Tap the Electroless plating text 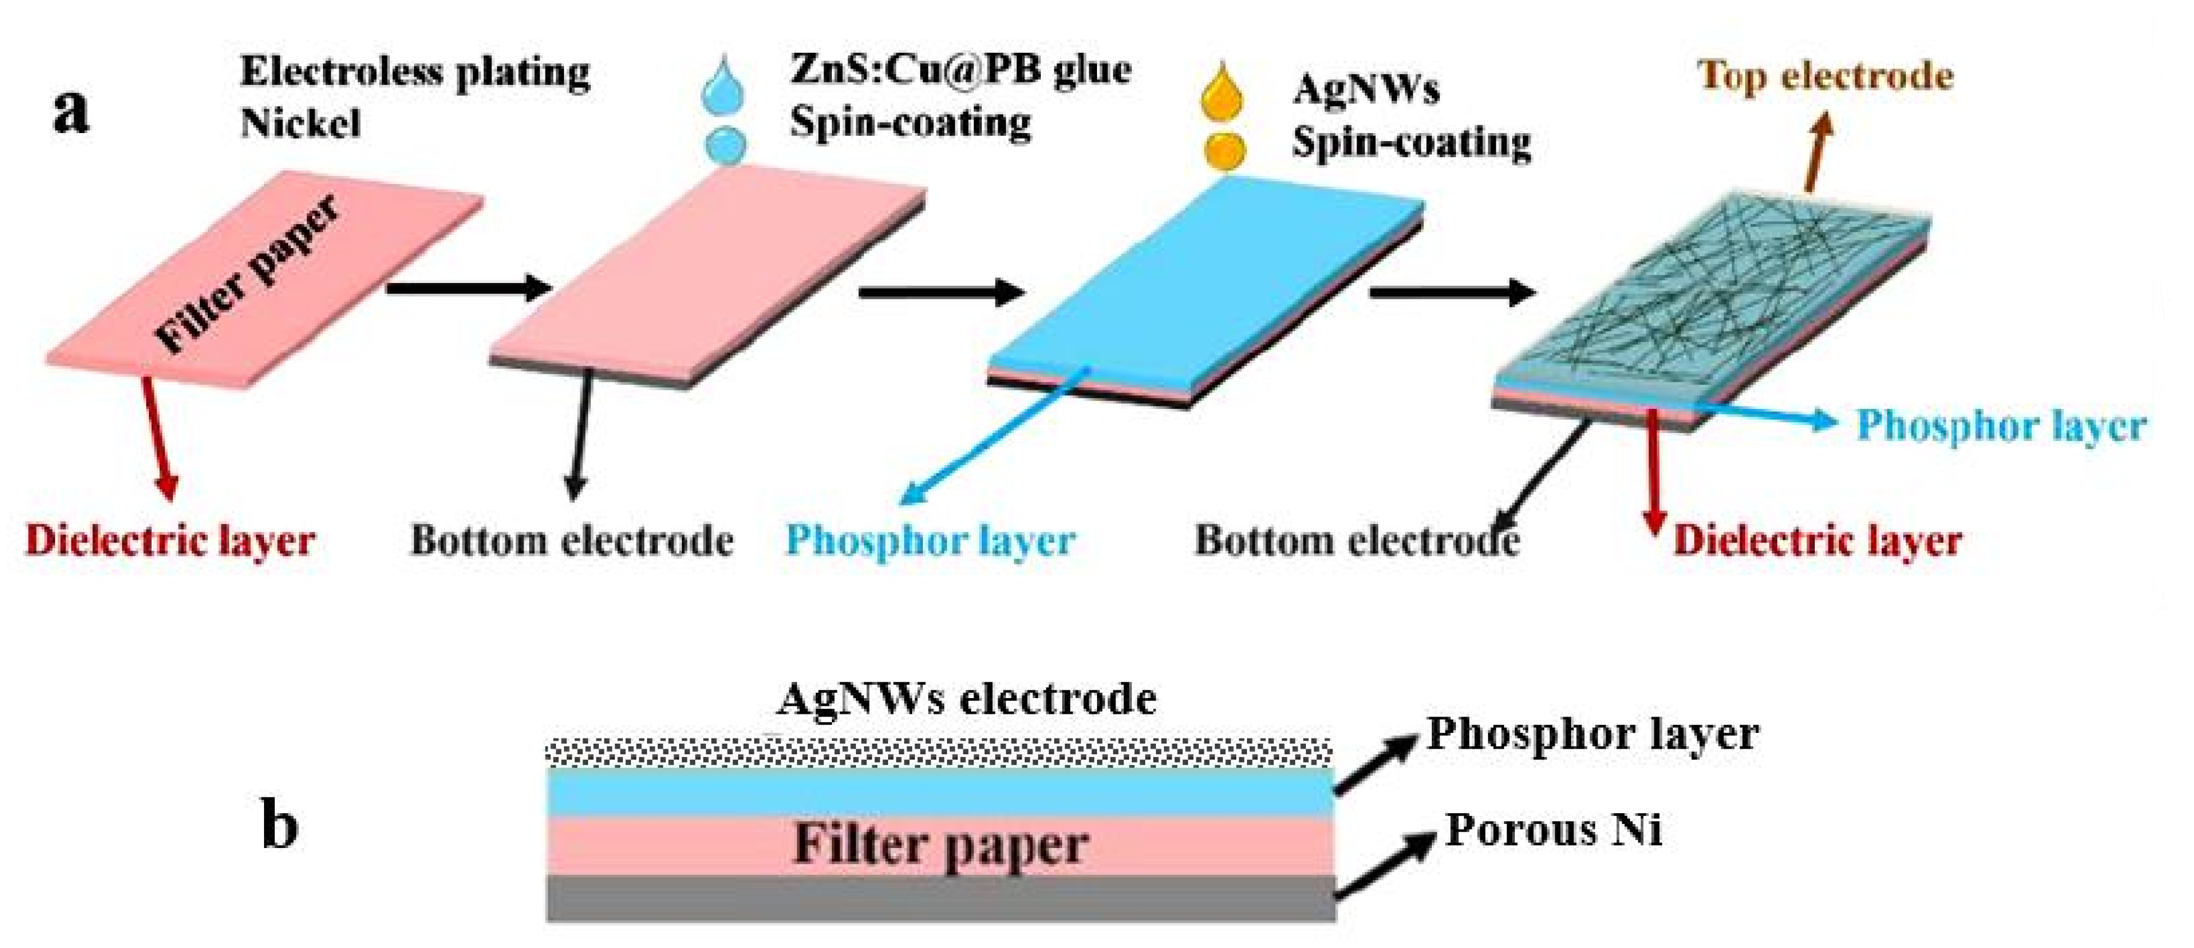(x=415, y=71)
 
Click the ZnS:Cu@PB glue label (x=960, y=70)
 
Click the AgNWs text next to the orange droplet (x=1365, y=89)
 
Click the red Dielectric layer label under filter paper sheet (x=170, y=540)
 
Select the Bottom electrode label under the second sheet (x=571, y=540)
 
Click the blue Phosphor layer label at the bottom (x=930, y=540)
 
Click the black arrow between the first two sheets (x=468, y=288)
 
